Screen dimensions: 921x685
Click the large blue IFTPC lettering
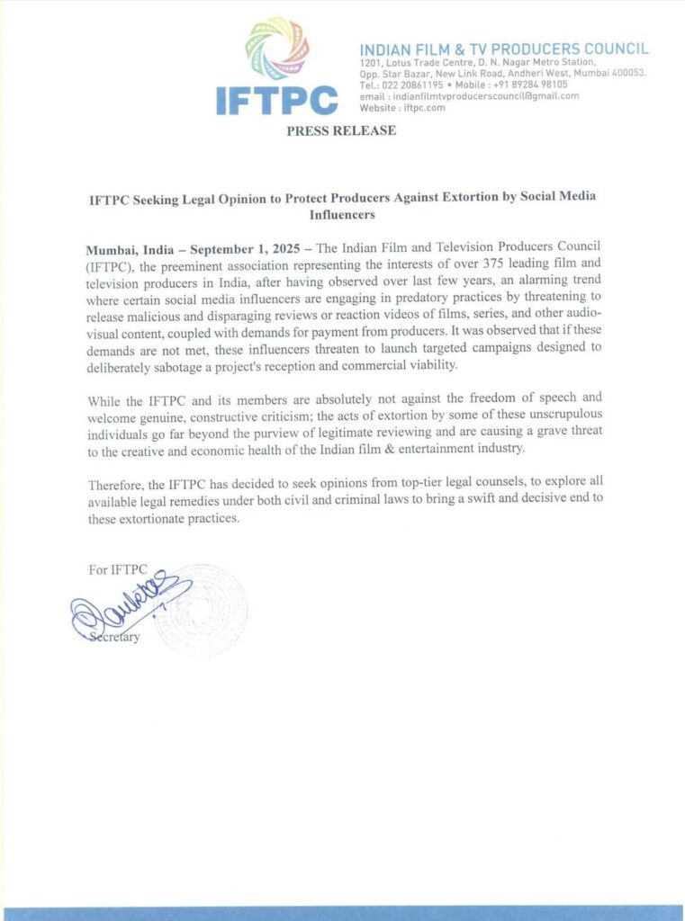click(x=276, y=101)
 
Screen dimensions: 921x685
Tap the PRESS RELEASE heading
click(x=341, y=131)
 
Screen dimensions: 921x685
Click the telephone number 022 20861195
click(x=411, y=85)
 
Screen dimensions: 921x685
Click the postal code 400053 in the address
click(x=626, y=73)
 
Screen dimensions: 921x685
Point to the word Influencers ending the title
click(x=342, y=216)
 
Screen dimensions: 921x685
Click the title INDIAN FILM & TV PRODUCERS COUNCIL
click(x=503, y=48)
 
